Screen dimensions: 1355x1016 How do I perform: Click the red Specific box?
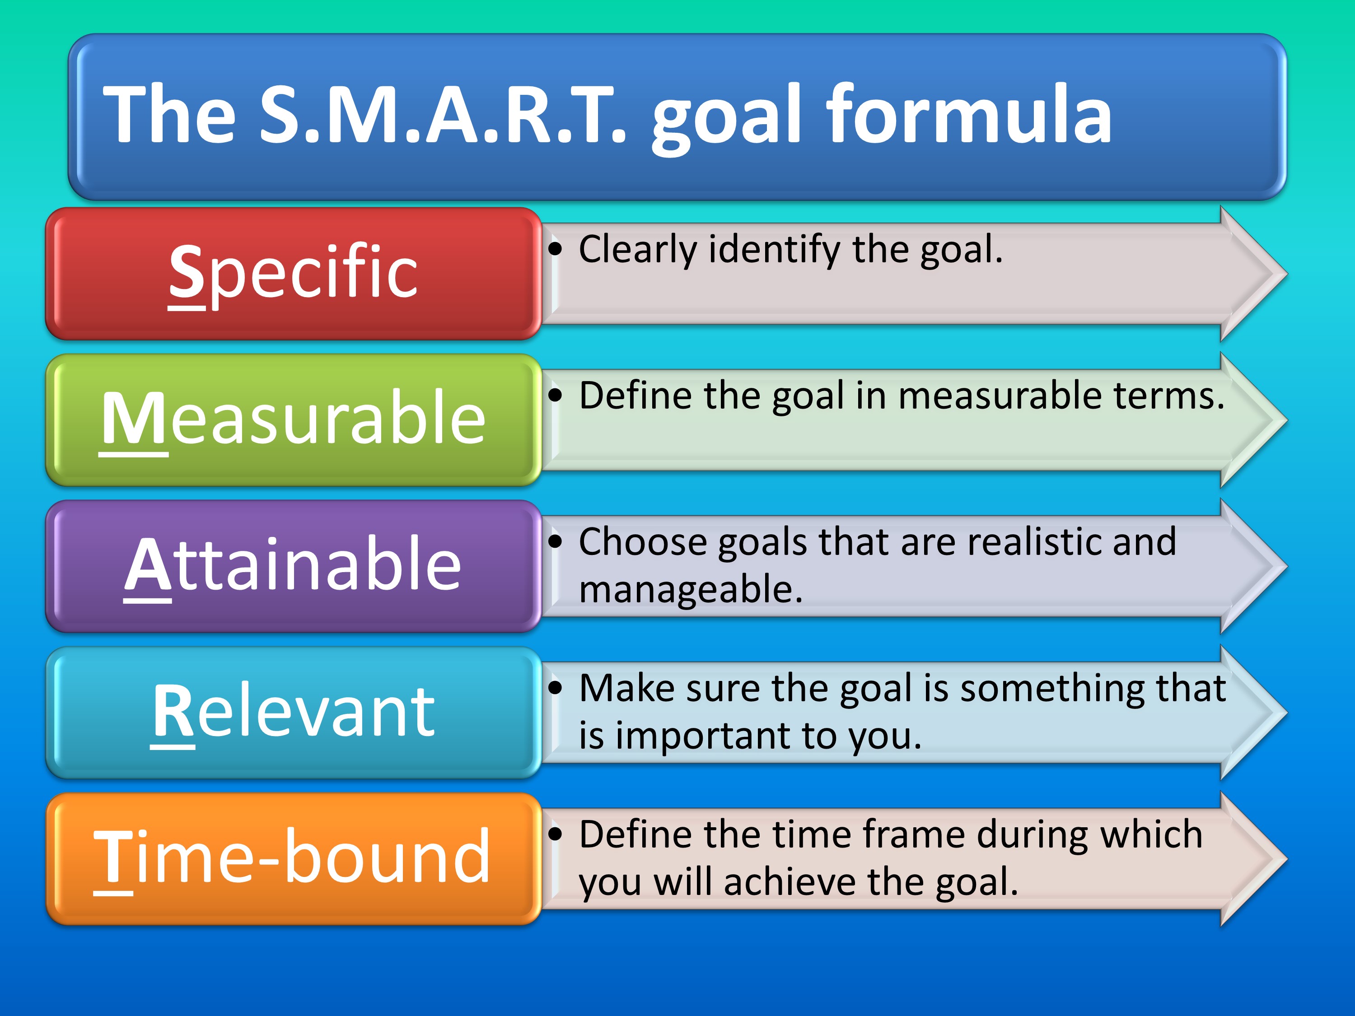click(294, 274)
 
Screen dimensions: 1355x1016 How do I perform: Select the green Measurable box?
click(294, 420)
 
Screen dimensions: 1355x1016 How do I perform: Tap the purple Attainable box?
click(294, 567)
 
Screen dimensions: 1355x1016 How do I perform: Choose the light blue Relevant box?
click(294, 713)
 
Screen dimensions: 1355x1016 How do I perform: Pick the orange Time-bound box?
click(294, 859)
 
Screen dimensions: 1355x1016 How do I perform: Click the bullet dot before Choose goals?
click(555, 542)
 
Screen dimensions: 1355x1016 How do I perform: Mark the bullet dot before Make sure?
click(555, 688)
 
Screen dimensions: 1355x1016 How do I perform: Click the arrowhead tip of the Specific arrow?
click(1286, 274)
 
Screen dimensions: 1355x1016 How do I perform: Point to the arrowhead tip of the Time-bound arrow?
click(1286, 859)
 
